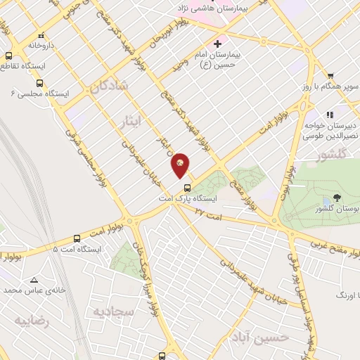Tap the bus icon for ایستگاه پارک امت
coord(187,188)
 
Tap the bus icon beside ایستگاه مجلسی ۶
coord(39,82)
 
